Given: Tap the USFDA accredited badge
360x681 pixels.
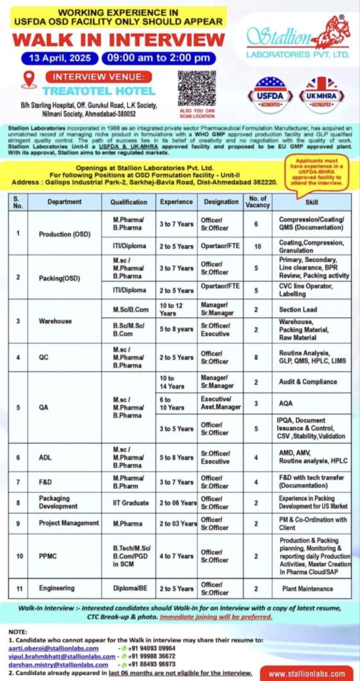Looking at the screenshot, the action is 270,94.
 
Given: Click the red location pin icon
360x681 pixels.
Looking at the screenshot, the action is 29,79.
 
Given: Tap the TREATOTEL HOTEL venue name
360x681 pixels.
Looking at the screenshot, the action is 98,90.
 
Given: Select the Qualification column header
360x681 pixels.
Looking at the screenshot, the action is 130,202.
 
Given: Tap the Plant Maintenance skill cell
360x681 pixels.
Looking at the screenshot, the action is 311,588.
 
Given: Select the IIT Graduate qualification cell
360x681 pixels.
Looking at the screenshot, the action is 130,501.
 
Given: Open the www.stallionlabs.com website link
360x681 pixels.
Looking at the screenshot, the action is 307,672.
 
